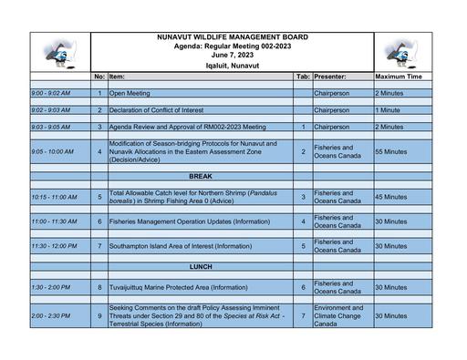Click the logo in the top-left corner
click(x=59, y=54)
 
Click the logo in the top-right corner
click(x=401, y=54)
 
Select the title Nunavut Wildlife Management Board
click(x=232, y=37)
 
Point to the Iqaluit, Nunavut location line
click(x=232, y=67)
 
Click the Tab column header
click(x=303, y=77)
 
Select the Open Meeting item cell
click(x=130, y=93)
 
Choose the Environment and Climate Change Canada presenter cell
click(x=339, y=315)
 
